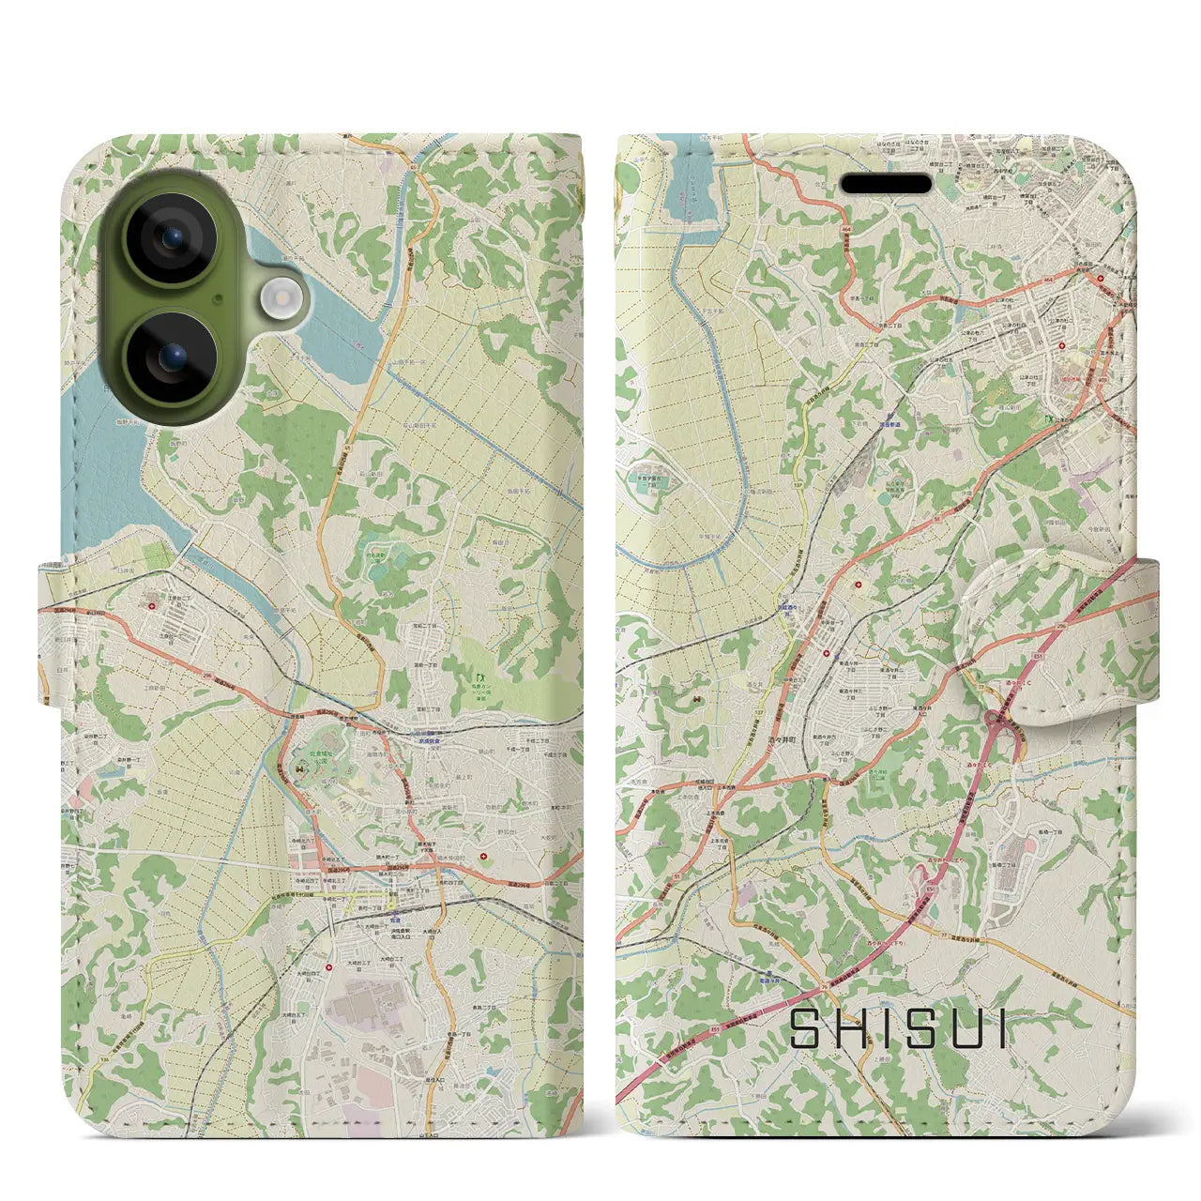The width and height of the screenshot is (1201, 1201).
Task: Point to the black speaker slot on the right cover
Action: click(891, 182)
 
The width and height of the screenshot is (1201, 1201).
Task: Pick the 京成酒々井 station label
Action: click(791, 608)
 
